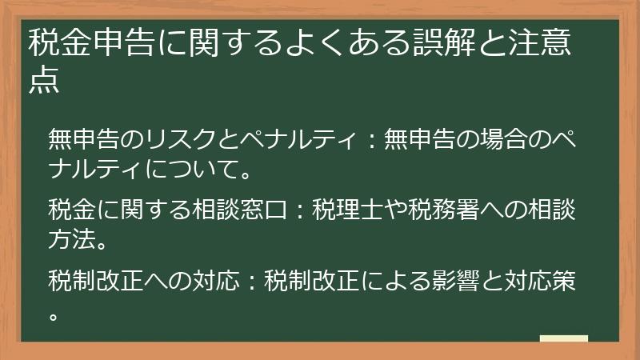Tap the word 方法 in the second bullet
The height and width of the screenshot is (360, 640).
click(70, 238)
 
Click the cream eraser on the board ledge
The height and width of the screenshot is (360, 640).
click(563, 339)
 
